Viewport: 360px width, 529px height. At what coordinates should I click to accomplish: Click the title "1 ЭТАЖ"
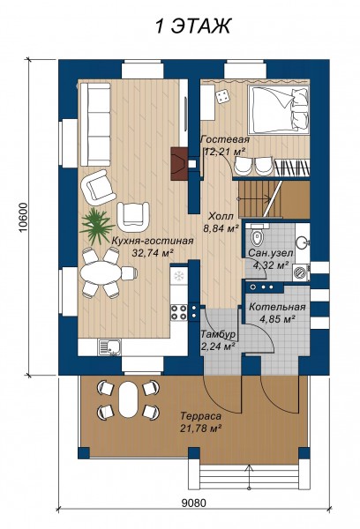[x=193, y=26]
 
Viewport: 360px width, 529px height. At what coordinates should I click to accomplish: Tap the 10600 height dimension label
[x=22, y=218]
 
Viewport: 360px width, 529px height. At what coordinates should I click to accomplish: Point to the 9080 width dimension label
[x=193, y=503]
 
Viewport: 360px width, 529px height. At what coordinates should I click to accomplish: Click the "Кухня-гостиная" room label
[x=153, y=241]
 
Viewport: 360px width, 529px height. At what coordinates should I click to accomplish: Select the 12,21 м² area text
[x=223, y=152]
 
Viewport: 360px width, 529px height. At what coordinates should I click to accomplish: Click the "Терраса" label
[x=200, y=416]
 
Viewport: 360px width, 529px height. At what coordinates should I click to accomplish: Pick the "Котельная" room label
[x=277, y=307]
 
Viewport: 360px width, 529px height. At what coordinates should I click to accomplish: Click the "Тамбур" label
[x=218, y=334]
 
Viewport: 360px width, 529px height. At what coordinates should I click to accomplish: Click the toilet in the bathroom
[x=256, y=235]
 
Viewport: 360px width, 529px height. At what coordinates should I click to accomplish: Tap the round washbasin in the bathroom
[x=303, y=242]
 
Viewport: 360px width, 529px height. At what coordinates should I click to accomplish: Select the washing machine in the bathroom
[x=301, y=272]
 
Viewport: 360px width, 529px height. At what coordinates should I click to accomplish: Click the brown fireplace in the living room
[x=179, y=164]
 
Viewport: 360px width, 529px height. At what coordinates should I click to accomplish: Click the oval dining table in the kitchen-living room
[x=101, y=272]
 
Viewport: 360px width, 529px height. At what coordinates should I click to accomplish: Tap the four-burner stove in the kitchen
[x=179, y=312]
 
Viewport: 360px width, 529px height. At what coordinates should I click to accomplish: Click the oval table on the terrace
[x=128, y=399]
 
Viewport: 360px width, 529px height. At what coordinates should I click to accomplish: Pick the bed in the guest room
[x=279, y=109]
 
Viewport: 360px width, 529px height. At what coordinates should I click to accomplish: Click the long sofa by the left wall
[x=94, y=124]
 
